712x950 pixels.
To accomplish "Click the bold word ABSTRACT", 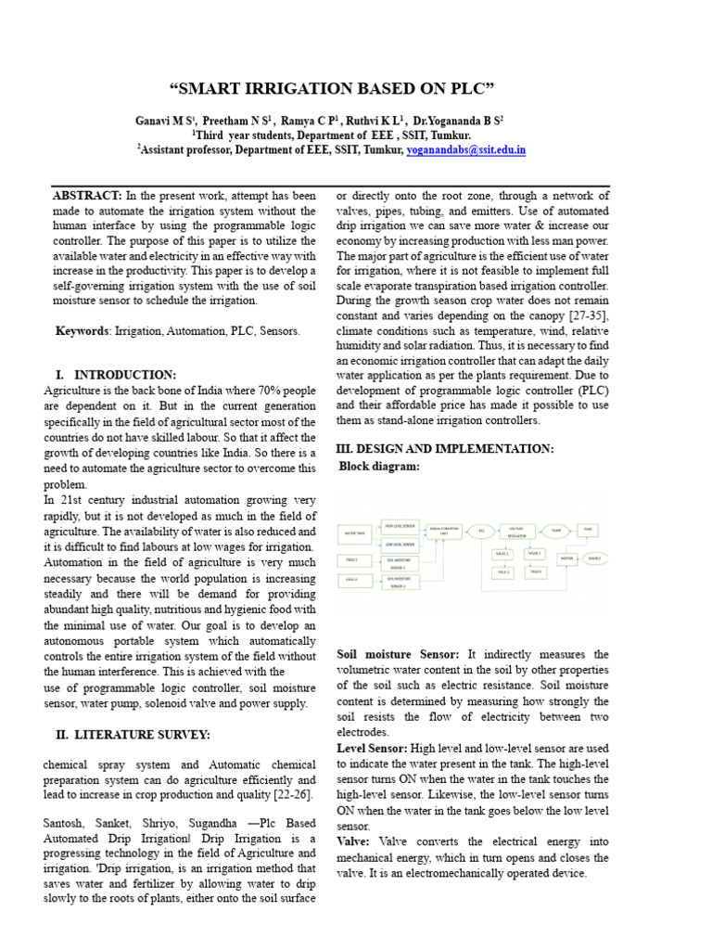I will pyautogui.click(x=87, y=196).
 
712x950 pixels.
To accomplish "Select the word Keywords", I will pyautogui.click(x=83, y=331).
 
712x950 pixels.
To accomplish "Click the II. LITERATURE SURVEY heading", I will pyautogui.click(x=133, y=735).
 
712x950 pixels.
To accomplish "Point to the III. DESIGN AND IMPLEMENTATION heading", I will pyautogui.click(x=444, y=448).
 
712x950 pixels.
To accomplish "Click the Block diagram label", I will pyautogui.click(x=379, y=466).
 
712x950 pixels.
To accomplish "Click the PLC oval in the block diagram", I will pyautogui.click(x=481, y=532).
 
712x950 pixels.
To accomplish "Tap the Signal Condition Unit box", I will pyautogui.click(x=444, y=531).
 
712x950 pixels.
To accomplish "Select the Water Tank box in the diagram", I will pyautogui.click(x=355, y=533).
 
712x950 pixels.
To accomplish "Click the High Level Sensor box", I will pyautogui.click(x=400, y=525).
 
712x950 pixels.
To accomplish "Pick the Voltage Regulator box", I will pyautogui.click(x=516, y=533).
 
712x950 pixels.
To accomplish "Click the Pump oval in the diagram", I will pyautogui.click(x=555, y=531).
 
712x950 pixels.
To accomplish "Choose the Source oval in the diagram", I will pyautogui.click(x=593, y=558).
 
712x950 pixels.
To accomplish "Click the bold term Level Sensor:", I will pyautogui.click(x=371, y=747).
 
